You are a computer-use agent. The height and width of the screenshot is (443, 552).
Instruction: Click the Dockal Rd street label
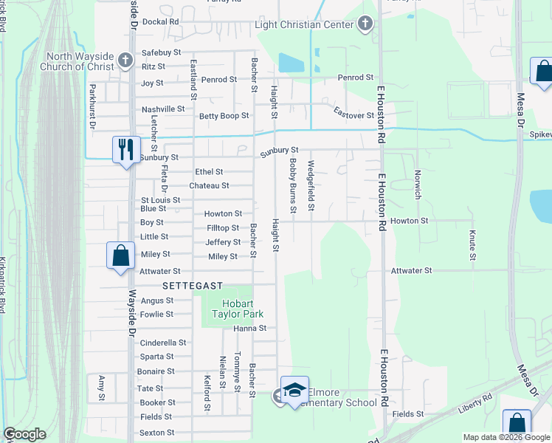161,22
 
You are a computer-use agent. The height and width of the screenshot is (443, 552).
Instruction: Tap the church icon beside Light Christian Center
364,25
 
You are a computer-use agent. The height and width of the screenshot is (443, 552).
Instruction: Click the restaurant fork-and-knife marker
125,150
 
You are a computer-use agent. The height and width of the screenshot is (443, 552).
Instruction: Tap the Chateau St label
209,185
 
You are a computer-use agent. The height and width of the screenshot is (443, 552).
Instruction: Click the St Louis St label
161,200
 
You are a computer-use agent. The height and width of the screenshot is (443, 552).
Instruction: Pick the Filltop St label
223,228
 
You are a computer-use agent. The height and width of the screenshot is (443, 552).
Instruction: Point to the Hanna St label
249,328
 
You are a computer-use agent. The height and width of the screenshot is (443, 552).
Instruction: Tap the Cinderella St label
163,343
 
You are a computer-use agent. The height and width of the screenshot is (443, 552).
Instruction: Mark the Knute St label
472,244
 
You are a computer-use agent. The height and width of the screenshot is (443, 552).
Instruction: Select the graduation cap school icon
294,391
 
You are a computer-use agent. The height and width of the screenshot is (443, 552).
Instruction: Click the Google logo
25,433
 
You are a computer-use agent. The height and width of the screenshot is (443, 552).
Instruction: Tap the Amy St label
102,388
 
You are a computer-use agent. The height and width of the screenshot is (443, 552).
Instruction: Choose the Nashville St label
163,109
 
